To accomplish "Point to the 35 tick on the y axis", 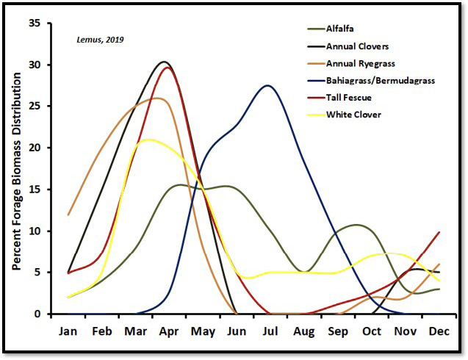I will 35,23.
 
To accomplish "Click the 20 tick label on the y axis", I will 35,148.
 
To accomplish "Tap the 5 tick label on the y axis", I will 37,273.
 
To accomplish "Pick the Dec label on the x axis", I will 439,331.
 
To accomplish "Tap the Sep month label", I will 337,331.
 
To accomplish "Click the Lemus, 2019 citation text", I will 101,39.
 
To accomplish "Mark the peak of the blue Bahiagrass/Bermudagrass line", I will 267,85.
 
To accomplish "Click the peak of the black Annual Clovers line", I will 164,62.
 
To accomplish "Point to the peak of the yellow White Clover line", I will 149,139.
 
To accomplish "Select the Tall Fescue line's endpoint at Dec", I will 439,232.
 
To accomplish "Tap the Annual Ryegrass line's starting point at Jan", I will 68,215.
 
